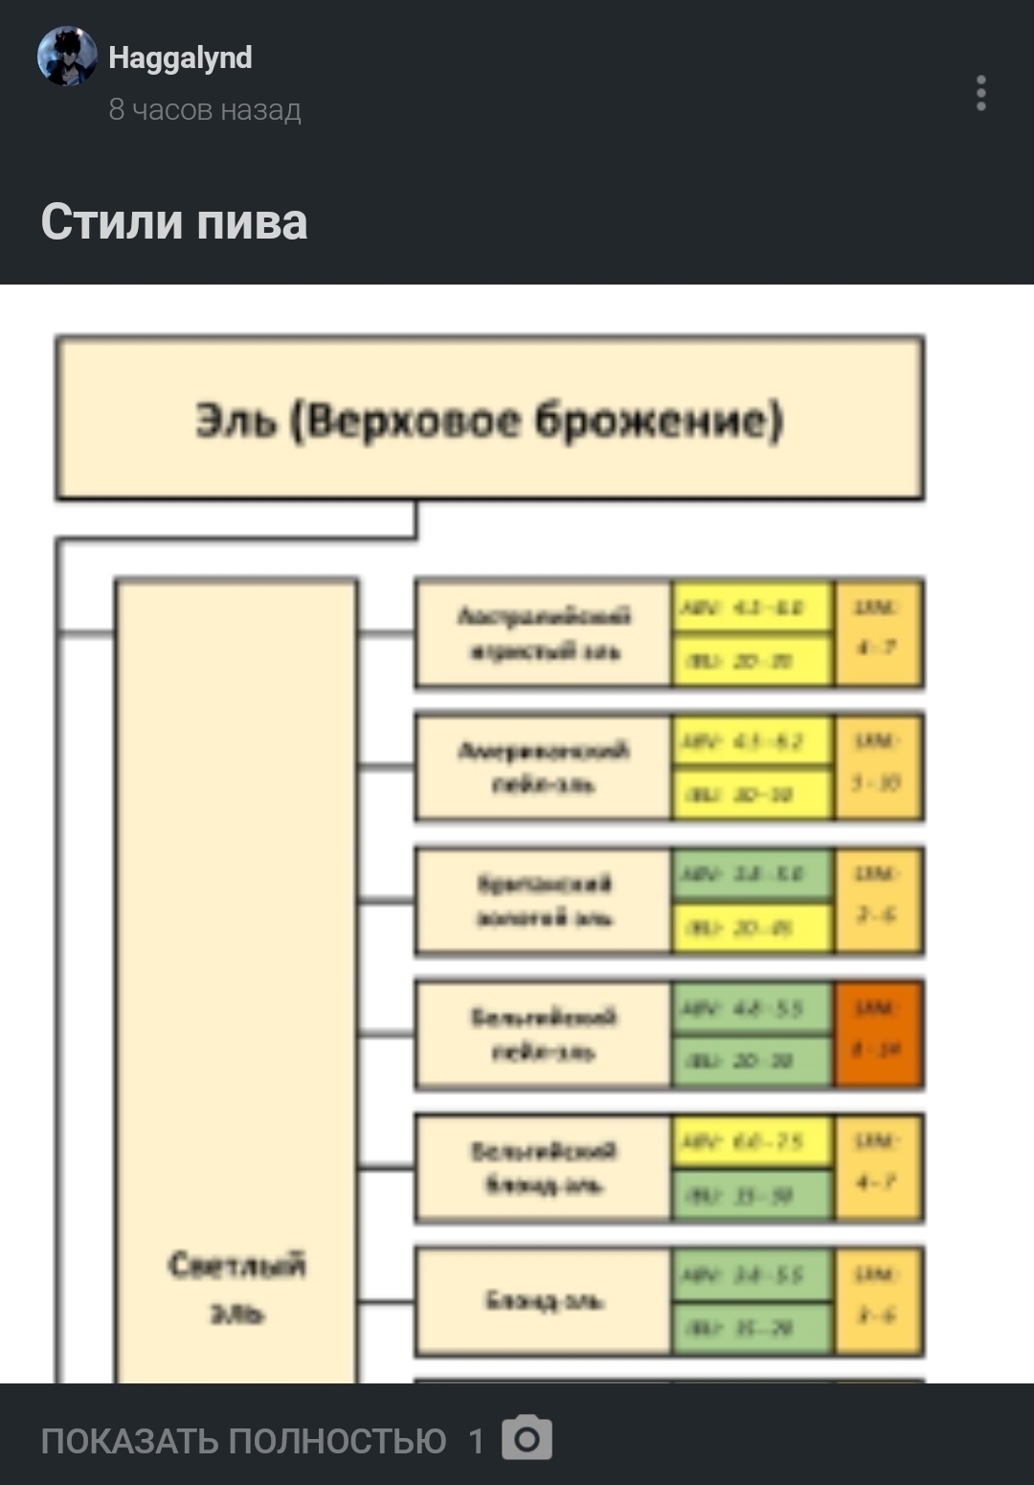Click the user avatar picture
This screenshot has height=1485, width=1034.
coord(67,57)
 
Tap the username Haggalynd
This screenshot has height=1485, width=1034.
coord(180,57)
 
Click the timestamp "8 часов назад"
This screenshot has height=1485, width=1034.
coord(205,110)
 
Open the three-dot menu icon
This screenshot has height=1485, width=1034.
coord(980,93)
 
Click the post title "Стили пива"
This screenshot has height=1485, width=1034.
coord(174,222)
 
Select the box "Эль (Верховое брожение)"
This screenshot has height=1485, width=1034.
coord(489,419)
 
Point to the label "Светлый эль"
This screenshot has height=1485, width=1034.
coord(236,1288)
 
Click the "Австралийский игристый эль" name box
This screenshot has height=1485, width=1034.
coord(543,633)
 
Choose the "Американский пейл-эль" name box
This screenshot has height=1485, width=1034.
coord(543,766)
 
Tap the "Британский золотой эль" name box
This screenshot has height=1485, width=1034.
coord(543,901)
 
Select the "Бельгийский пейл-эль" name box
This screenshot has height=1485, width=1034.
coord(543,1034)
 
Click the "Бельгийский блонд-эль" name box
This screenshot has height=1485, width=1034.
coord(543,1167)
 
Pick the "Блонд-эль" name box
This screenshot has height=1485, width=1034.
coord(543,1301)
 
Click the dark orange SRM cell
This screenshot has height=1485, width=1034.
coord(878,1034)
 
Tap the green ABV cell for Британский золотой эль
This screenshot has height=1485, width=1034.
coord(752,875)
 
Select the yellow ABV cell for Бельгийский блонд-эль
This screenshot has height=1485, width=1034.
coord(752,1141)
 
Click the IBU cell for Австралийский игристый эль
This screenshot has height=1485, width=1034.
coord(752,661)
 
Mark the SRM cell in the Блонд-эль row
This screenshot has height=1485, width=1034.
coord(878,1301)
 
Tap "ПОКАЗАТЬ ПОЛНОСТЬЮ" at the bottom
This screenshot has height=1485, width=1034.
coord(243,1440)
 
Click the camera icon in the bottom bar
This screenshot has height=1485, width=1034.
coord(527,1438)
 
